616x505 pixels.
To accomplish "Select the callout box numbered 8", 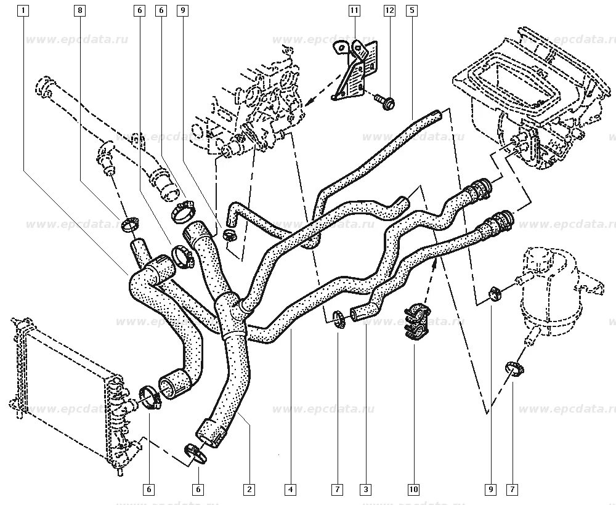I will pyautogui.click(x=79, y=10).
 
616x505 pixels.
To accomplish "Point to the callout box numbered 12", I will pyautogui.click(x=389, y=10).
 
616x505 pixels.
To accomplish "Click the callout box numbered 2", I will pyautogui.click(x=249, y=490).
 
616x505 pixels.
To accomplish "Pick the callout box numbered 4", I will pyautogui.click(x=290, y=490).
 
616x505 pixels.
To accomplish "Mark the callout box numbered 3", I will pyautogui.click(x=366, y=490).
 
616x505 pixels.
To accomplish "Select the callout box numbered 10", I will pyautogui.click(x=413, y=490).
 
